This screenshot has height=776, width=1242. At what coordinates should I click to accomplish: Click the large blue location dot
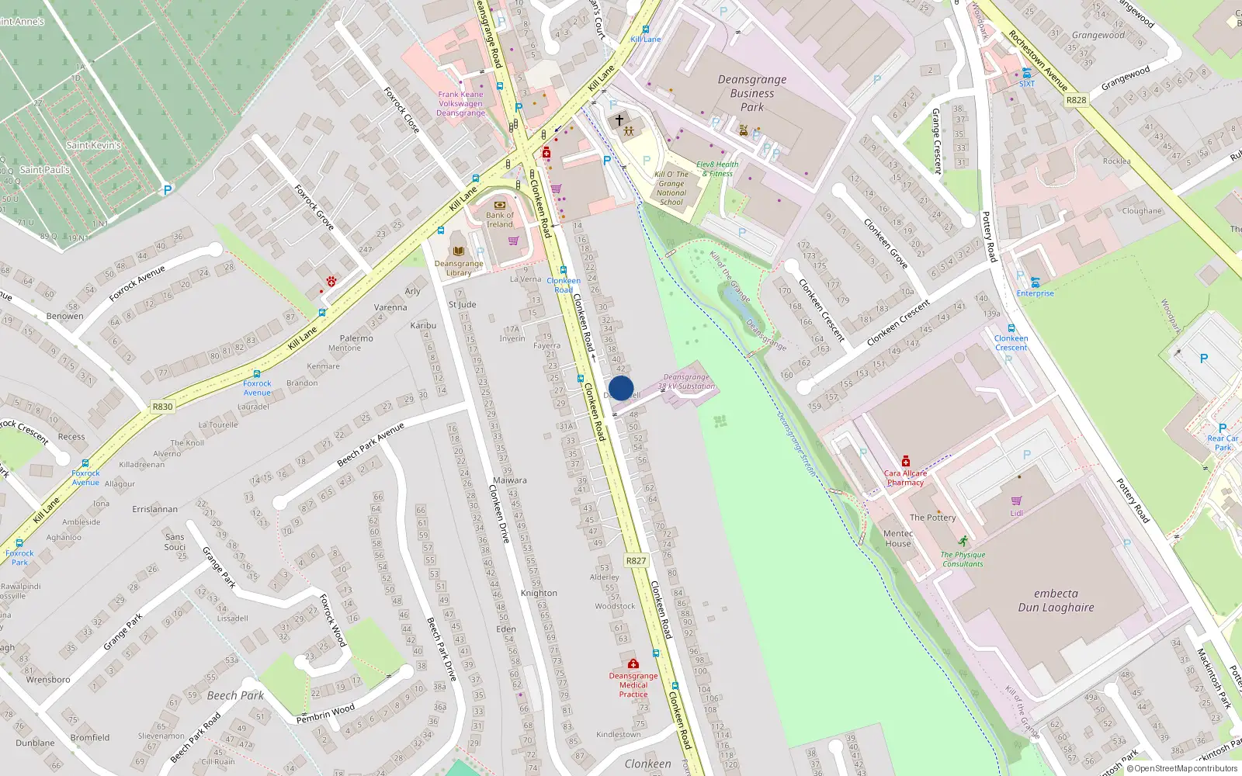[621, 388]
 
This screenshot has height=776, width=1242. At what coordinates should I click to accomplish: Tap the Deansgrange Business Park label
[751, 93]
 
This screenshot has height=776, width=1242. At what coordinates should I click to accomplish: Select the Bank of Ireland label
[500, 220]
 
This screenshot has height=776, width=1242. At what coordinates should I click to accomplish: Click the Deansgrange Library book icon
[459, 251]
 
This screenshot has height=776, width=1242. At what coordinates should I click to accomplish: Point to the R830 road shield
[162, 407]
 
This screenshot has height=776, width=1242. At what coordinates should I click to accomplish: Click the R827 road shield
[636, 560]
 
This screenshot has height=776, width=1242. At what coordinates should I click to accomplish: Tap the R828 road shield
[1076, 100]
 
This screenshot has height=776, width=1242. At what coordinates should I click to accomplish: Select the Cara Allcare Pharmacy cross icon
[905, 462]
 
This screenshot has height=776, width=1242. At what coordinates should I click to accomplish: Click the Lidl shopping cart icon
[1016, 501]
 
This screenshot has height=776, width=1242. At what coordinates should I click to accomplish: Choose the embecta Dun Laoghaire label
[1056, 600]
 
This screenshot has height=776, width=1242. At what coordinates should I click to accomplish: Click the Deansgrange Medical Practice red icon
[633, 663]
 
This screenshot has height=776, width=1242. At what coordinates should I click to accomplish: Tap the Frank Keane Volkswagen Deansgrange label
[460, 104]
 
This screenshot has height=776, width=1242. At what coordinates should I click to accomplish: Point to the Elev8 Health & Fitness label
[717, 169]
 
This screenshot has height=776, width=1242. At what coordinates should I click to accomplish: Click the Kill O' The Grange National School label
[671, 188]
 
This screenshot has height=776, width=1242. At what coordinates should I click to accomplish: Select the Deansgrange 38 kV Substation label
[686, 382]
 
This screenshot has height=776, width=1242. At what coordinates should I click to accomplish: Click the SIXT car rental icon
[1027, 73]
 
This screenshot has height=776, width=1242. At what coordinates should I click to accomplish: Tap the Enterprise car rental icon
[1035, 282]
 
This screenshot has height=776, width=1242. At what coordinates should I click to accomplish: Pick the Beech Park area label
[235, 695]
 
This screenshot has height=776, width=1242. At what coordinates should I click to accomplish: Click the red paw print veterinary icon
[331, 281]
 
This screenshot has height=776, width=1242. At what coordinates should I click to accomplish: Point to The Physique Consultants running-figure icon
[963, 541]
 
